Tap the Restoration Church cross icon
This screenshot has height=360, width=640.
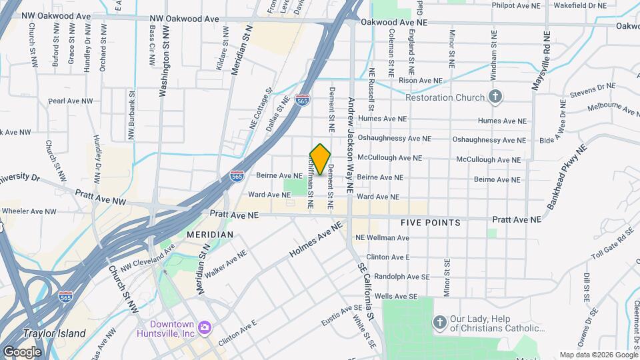(495, 97)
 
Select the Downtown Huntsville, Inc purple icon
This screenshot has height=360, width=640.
(205, 328)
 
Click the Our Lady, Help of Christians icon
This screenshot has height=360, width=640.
(439, 323)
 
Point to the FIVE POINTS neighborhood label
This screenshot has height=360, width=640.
(430, 223)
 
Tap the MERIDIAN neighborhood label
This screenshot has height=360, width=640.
(209, 235)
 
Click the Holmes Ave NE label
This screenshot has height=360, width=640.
(316, 241)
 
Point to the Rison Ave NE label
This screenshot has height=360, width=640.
(420, 81)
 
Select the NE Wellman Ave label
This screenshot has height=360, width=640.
(382, 237)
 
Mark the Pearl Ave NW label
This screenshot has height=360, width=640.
(70, 101)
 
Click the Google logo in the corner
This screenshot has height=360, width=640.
(22, 352)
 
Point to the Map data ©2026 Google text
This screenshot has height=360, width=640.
(598, 355)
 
